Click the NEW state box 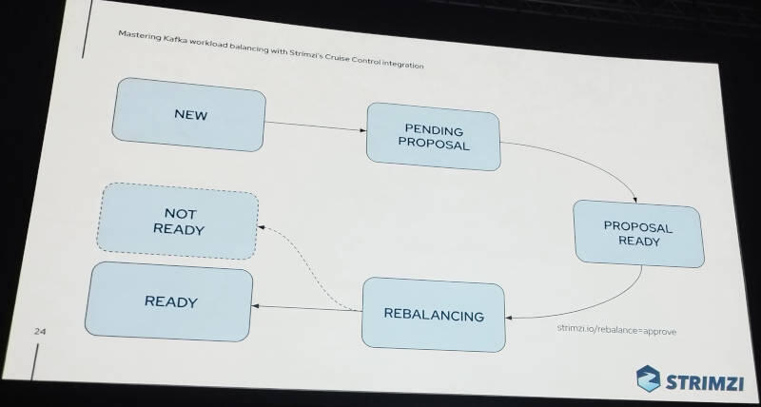coord(188,114)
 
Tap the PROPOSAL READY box coord(638,233)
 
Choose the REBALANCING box coord(433,314)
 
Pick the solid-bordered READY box coord(170,302)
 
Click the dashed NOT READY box coord(178,223)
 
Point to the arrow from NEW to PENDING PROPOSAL coord(316,126)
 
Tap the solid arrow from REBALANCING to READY coord(309,307)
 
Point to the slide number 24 coord(40,332)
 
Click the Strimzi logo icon coord(650,378)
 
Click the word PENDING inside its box coord(433,128)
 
